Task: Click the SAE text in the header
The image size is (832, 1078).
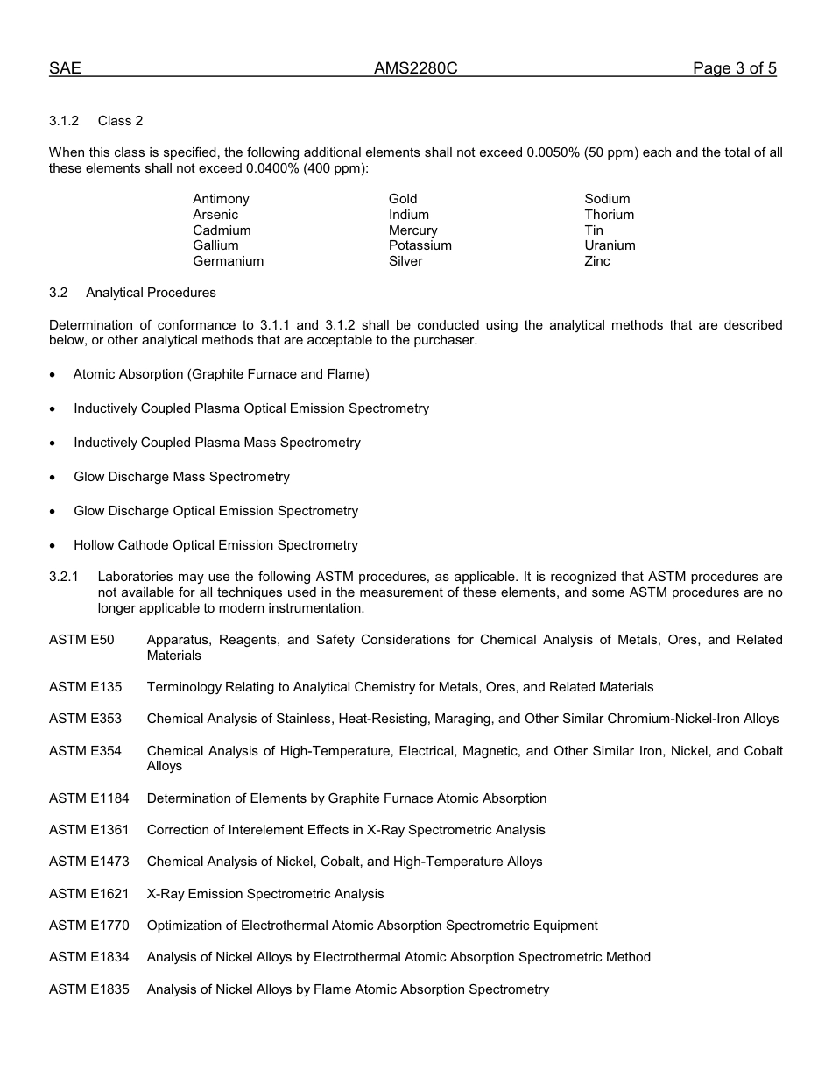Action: pos(65,68)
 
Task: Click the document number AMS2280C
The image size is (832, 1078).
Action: pos(415,68)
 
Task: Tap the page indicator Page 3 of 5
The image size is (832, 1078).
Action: pos(734,68)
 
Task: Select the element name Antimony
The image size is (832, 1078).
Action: pos(221,199)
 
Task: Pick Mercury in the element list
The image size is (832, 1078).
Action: pos(412,230)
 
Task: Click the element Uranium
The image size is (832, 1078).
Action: pos(610,245)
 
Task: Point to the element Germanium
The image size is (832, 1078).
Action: pos(228,261)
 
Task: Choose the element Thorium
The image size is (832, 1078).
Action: pos(609,215)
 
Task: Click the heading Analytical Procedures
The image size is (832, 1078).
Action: pos(151,293)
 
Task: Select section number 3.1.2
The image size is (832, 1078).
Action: pos(64,121)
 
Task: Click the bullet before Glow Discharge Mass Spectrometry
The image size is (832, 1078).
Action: pos(53,478)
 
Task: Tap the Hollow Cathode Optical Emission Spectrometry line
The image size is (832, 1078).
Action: pos(215,545)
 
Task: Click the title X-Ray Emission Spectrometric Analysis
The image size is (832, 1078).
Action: pos(265,894)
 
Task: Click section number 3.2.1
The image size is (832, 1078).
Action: pos(64,577)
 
